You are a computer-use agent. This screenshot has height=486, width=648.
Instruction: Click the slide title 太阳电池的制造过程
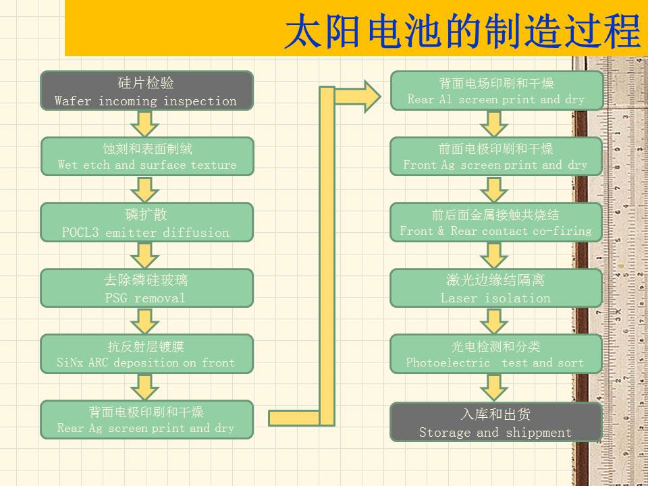(462, 31)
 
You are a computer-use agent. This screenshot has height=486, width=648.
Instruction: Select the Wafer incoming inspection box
(146, 90)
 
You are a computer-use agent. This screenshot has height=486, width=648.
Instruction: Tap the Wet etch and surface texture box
(146, 156)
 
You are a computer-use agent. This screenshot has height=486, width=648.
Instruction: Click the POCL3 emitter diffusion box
(146, 222)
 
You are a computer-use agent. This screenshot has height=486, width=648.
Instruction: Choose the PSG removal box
(146, 288)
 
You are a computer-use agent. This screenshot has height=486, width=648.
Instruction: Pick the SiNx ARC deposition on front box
(146, 354)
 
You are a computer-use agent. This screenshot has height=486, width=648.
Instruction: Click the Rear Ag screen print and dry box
(146, 419)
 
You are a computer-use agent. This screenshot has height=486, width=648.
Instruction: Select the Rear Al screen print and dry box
(496, 90)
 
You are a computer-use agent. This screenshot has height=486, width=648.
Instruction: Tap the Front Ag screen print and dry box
(496, 156)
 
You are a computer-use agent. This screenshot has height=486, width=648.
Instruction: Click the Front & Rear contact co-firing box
(496, 222)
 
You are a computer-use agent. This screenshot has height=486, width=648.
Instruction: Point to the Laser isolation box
(496, 288)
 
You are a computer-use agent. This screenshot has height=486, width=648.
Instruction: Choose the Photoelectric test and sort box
(496, 354)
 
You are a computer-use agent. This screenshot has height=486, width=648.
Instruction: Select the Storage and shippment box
(496, 422)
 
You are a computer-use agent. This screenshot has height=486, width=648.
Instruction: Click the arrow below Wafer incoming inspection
(144, 123)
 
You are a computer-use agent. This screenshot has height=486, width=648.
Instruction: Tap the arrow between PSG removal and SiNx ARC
(144, 321)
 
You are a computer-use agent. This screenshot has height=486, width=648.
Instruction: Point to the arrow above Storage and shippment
(495, 387)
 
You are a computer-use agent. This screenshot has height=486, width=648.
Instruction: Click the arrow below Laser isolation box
(495, 321)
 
